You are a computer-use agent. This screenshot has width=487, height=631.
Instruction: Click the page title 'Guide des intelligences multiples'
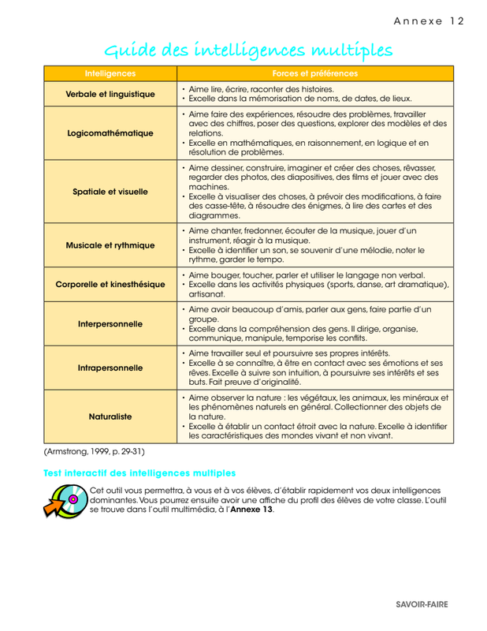(x=249, y=51)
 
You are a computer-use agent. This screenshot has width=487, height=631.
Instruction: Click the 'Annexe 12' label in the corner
(x=429, y=21)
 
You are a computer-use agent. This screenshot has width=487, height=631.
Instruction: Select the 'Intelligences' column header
(x=110, y=73)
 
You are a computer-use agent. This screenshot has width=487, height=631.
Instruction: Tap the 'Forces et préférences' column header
(x=315, y=73)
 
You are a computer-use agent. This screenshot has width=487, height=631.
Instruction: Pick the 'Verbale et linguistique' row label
(x=110, y=94)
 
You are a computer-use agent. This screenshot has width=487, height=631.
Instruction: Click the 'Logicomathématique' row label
(x=110, y=133)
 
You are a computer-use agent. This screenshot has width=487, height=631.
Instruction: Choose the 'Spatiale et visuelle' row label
(x=110, y=191)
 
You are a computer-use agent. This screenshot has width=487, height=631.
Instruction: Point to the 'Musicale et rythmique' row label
(x=110, y=245)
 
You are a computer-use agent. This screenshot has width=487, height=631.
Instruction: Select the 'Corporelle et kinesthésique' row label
(x=110, y=284)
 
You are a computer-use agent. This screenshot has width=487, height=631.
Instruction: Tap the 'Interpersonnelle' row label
(x=110, y=323)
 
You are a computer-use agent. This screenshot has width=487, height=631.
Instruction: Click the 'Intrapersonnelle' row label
(x=110, y=367)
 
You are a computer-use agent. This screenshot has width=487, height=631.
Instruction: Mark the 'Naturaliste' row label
(x=110, y=415)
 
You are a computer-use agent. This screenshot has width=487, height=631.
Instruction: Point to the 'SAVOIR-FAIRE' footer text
(x=422, y=603)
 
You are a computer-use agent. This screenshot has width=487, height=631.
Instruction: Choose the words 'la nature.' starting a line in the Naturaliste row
(x=207, y=416)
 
